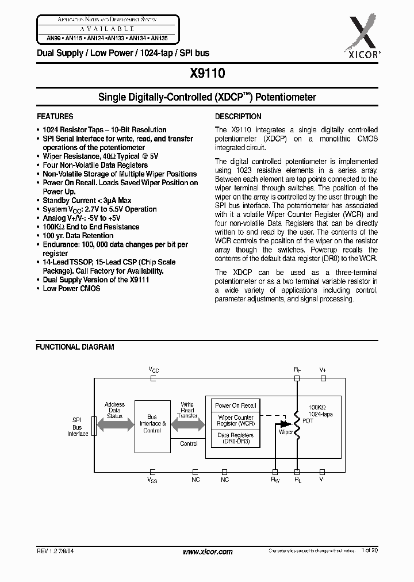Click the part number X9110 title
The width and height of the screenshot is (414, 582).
207,73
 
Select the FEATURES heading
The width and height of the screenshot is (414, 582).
55,116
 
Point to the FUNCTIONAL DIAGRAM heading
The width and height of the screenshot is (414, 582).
75,347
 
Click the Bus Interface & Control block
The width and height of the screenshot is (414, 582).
152,426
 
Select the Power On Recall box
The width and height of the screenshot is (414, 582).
236,405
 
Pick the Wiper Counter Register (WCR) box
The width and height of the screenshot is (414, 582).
236,420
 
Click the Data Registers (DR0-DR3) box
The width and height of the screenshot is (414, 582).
236,439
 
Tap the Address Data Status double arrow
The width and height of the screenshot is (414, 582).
114,424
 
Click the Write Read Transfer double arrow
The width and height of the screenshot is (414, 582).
188,424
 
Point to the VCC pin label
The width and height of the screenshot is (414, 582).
154,369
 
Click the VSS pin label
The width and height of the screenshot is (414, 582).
152,479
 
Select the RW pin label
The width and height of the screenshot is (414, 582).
275,479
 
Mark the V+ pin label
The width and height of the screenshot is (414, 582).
323,369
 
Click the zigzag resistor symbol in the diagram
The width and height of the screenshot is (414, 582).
298,424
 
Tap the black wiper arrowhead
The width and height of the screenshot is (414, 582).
285,424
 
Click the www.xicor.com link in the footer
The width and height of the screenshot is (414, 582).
207,552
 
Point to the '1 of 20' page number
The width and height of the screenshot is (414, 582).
370,551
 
